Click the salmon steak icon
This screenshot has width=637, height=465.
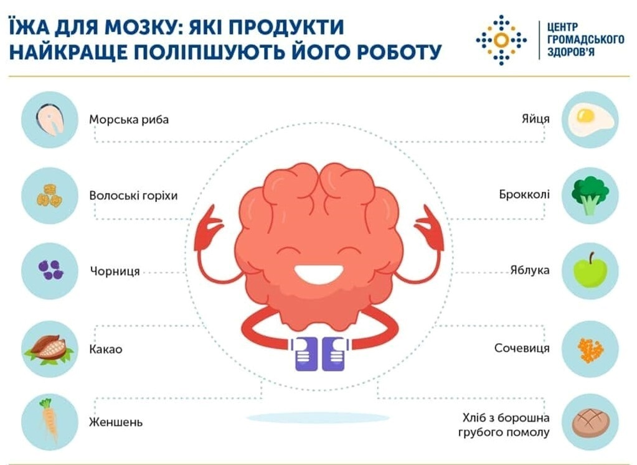coord(50,120)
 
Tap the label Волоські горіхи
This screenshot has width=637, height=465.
coord(133,195)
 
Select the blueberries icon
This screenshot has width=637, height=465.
coord(50,270)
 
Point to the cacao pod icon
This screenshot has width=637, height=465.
coord(49,349)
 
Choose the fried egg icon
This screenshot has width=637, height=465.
coord(590,120)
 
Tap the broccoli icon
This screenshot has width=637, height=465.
coord(590,195)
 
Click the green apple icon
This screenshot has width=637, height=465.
coord(590,270)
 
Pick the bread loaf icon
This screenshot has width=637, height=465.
coord(591,423)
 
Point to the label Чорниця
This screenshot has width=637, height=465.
coord(115,271)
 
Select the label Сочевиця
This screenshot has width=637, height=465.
coord(522,348)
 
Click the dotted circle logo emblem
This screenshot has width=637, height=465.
coord(501,40)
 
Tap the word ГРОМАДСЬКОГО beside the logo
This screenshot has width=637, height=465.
coord(585,39)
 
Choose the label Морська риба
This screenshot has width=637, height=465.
coord(129,120)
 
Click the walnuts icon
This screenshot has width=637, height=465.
coord(50,195)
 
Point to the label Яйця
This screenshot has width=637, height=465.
coord(536,119)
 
